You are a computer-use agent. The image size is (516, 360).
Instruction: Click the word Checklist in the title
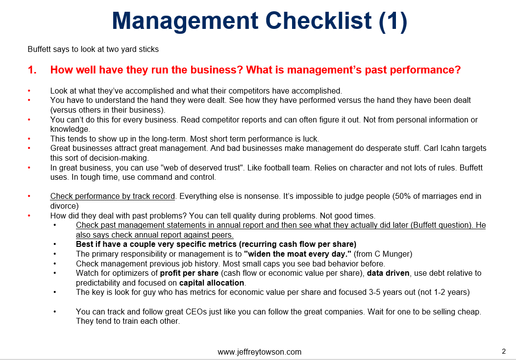318,21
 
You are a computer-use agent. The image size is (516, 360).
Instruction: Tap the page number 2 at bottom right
504,351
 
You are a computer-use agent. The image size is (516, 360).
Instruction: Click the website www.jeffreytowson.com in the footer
259,352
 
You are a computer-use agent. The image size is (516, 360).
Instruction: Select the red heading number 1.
32,70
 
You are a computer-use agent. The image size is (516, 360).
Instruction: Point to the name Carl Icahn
442,148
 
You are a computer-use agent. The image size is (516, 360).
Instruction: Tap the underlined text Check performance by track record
113,196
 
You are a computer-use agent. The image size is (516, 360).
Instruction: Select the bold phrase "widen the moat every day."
297,254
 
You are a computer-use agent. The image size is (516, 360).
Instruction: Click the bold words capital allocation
212,283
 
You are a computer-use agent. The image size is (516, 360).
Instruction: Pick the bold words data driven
388,273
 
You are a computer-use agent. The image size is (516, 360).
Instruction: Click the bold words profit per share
189,273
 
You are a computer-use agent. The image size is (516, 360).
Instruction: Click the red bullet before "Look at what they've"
29,91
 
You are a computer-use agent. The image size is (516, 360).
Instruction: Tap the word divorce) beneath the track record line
65,206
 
